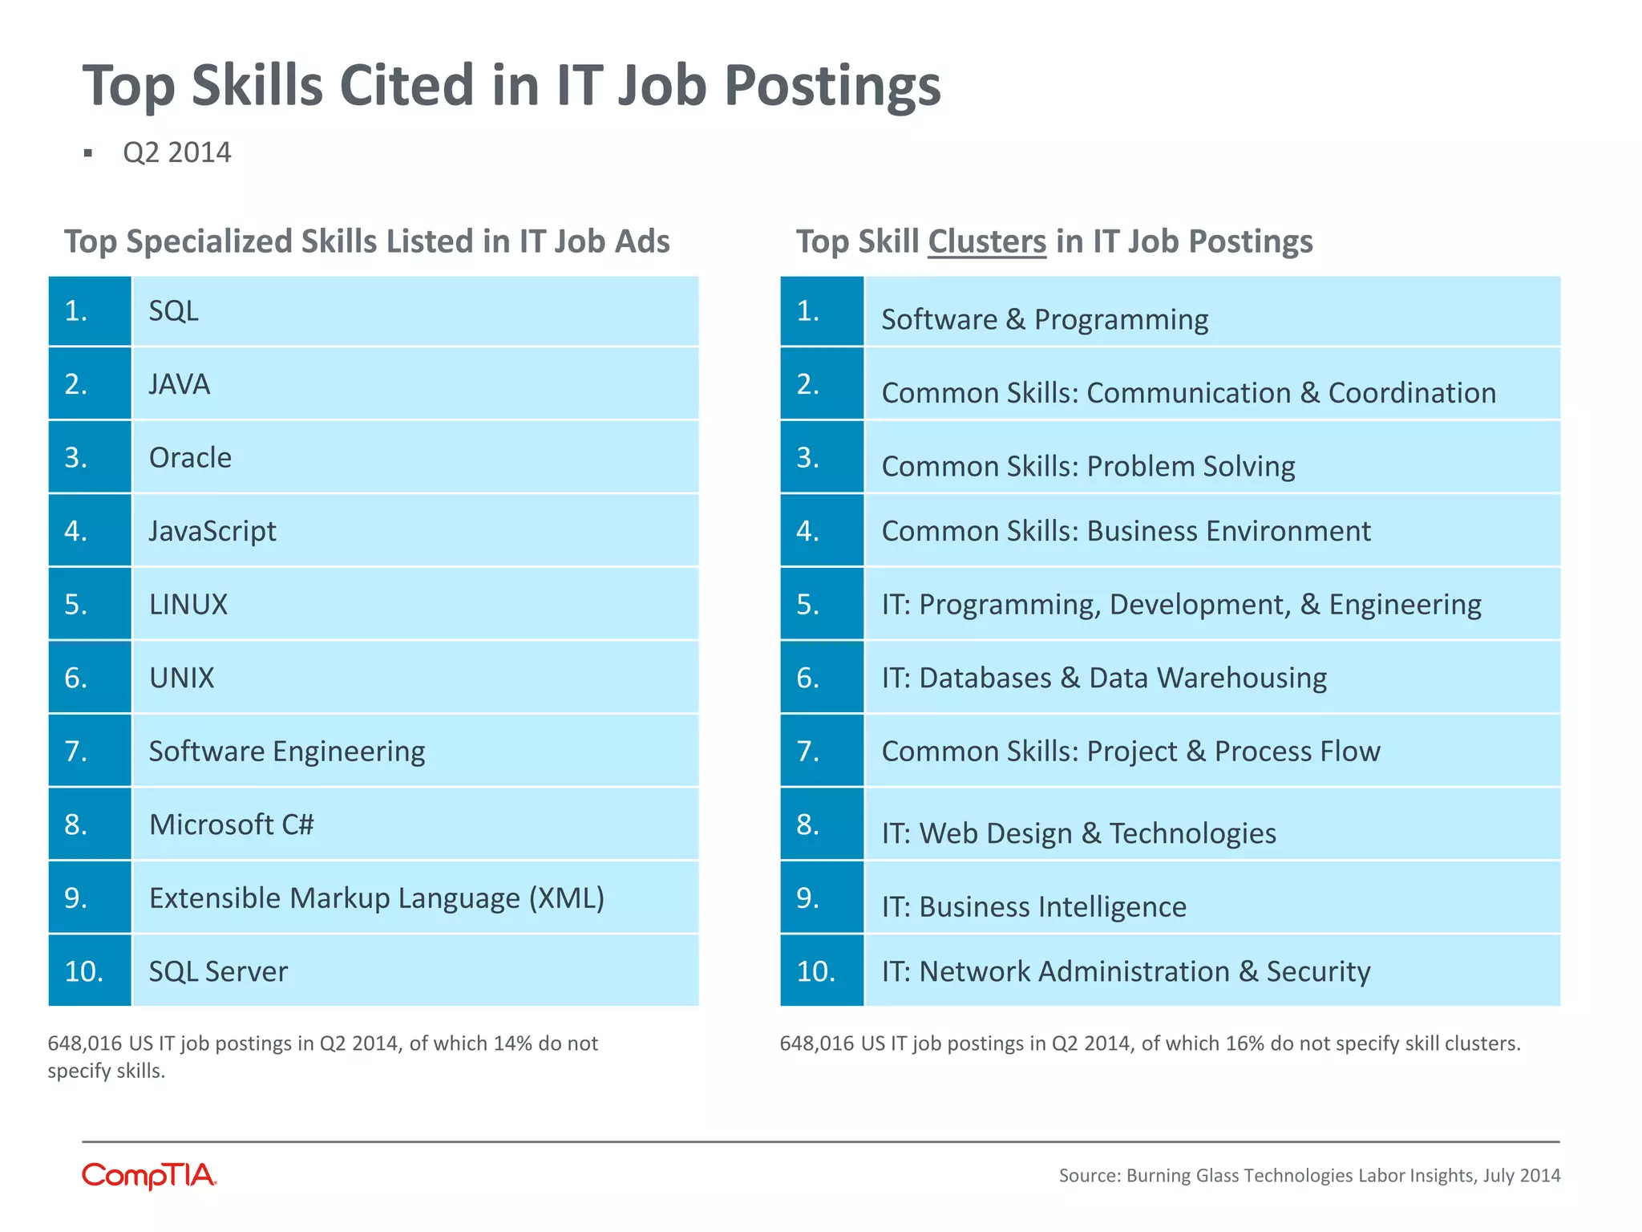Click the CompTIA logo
149,1176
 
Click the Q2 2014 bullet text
177,152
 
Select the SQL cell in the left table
174,311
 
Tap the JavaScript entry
212,531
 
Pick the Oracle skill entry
190,458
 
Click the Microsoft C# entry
232,825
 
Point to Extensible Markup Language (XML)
377,898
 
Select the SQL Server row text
218,971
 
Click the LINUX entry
188,604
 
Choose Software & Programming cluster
1045,319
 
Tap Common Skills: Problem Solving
1088,466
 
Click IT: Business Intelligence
1033,906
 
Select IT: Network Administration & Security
1126,971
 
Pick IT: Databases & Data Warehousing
1104,678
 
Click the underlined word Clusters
987,241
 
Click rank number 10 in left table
84,971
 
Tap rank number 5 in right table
808,604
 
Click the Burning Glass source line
1309,1175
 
